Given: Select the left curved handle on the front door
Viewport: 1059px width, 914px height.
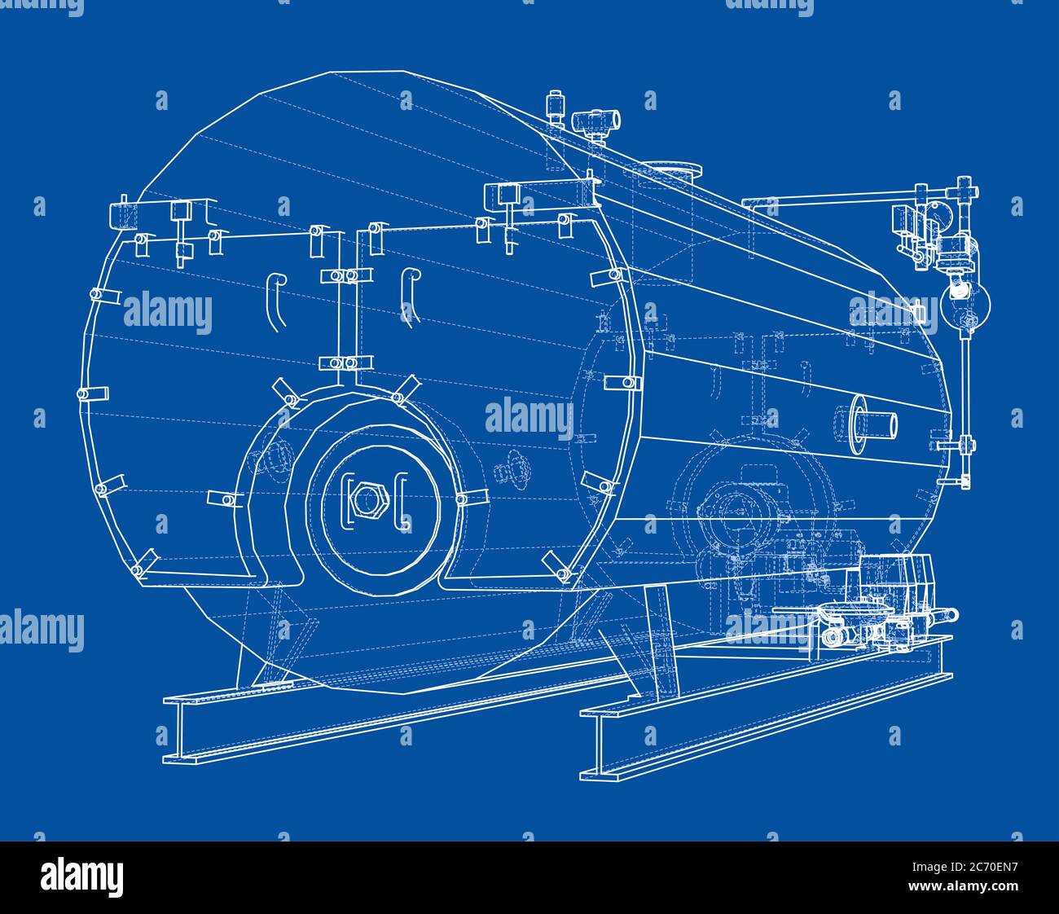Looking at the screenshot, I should point(275,302).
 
